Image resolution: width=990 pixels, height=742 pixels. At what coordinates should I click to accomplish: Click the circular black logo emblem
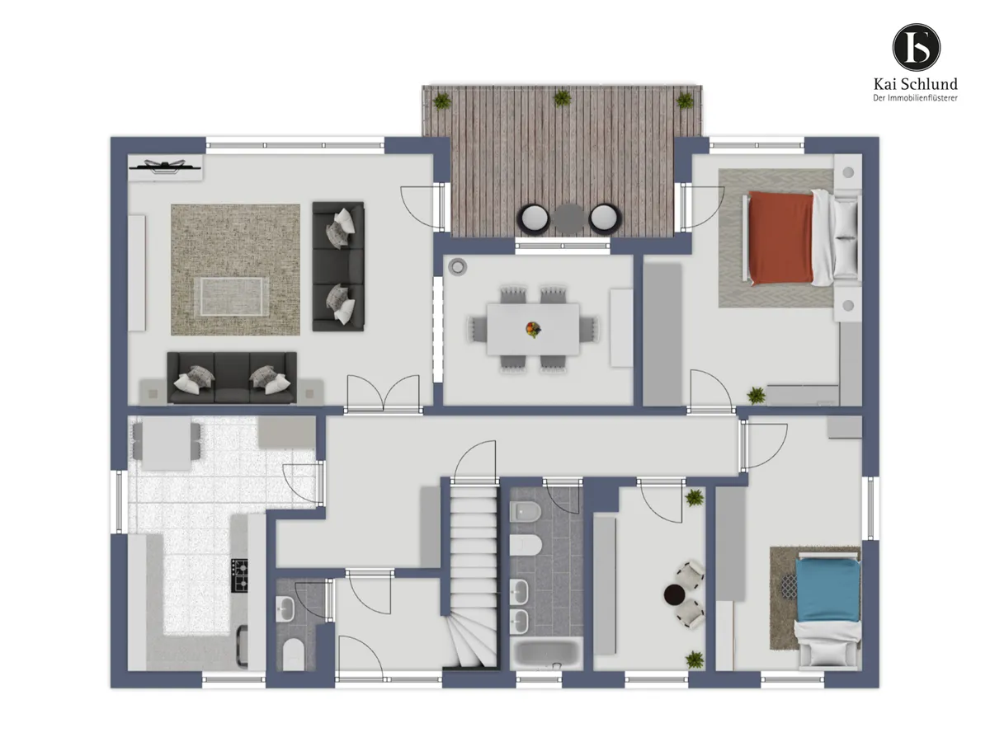(916, 48)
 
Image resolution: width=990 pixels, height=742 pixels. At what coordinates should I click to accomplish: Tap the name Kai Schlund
(915, 84)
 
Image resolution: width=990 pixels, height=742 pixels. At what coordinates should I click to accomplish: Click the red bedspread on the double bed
(781, 238)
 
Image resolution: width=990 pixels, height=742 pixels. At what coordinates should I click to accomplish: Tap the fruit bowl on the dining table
(533, 329)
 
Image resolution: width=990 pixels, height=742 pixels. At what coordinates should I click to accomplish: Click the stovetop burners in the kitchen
(239, 575)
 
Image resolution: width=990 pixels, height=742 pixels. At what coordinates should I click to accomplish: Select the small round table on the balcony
(568, 219)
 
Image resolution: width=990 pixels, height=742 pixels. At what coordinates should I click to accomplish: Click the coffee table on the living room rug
(231, 297)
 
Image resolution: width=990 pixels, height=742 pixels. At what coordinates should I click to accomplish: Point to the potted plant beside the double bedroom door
(756, 395)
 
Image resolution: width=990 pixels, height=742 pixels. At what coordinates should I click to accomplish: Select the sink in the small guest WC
(285, 608)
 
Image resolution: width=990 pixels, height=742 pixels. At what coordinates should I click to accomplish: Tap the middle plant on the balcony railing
(562, 97)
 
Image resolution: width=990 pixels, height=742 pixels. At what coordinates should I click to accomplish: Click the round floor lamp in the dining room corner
(457, 266)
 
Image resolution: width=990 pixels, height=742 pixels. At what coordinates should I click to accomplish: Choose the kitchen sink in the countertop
(243, 646)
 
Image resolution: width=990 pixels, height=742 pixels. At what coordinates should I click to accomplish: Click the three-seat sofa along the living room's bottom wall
(232, 378)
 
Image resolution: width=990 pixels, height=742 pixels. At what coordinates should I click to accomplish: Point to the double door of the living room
(383, 394)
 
